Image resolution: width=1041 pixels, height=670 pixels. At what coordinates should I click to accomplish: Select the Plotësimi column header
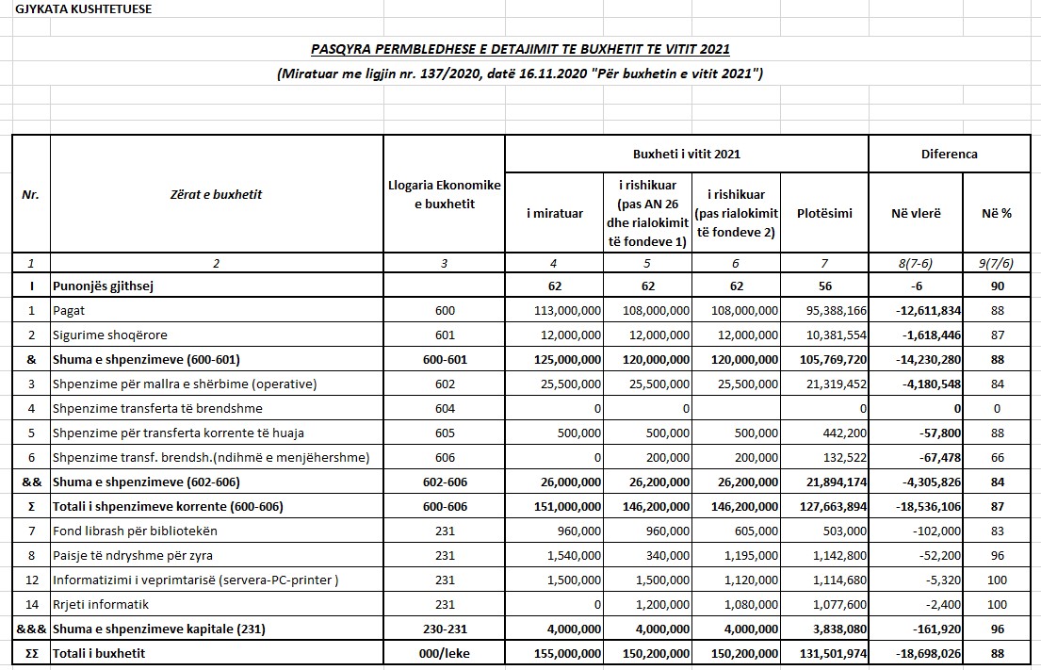point(824,213)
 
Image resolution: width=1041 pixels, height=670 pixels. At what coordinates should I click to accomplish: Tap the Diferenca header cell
point(949,154)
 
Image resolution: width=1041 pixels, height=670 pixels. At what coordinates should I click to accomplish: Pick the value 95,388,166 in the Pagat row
point(832,310)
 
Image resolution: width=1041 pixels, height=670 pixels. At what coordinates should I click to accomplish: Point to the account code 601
point(445,335)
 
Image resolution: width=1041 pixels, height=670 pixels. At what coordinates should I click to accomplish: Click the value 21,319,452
point(832,384)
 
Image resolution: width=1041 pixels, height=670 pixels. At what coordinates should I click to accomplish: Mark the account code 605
point(445,433)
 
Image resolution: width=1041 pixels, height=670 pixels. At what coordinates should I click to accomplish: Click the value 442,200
point(841,433)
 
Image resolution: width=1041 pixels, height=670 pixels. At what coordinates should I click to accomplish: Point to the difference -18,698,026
point(922,653)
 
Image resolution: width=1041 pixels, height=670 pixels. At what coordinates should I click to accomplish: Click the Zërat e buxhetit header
point(217,194)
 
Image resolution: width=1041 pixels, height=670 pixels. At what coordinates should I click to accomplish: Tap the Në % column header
point(996,213)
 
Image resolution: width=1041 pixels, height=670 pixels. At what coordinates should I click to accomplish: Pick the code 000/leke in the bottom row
point(445,653)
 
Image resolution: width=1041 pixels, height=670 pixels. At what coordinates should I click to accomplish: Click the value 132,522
point(841,457)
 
